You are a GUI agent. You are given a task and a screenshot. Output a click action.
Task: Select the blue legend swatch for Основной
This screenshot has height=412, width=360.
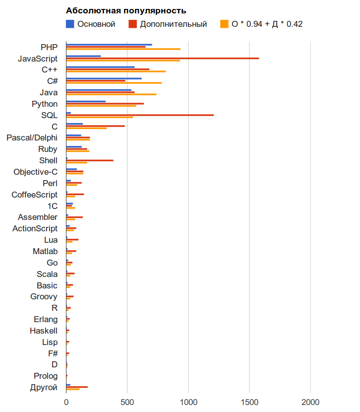70,24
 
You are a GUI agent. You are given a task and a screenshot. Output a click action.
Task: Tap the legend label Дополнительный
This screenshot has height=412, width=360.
173,24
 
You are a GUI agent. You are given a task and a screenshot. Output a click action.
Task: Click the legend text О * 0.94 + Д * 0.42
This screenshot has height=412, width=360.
267,24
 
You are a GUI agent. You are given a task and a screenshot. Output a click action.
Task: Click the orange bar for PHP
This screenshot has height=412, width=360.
123,49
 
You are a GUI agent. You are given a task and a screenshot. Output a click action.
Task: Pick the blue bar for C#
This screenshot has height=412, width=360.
104,78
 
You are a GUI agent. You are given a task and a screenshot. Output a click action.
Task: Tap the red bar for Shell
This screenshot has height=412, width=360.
90,160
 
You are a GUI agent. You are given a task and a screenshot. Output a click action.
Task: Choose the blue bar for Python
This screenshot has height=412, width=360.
86,101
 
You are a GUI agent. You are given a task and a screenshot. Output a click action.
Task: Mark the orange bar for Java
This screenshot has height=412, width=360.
111,94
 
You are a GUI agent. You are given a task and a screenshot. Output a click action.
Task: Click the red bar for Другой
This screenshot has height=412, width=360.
77,387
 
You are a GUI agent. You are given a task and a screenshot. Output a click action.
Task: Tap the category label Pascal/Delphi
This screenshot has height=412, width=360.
32,137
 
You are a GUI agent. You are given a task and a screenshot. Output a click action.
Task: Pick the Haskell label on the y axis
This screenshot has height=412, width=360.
43,331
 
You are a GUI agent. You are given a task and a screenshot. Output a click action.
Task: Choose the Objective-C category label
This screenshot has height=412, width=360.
35,172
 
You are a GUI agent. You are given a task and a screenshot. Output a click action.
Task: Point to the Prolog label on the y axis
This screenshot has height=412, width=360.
46,376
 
